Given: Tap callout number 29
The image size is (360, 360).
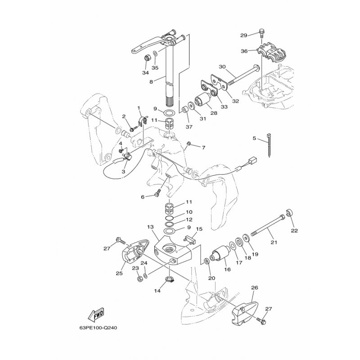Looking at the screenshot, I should pyautogui.click(x=243, y=35).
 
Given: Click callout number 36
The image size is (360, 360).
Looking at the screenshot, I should pyautogui.click(x=244, y=51).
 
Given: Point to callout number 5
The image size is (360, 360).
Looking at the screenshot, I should pyautogui.click(x=254, y=139).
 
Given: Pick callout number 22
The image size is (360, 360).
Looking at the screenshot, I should pyautogui.click(x=294, y=231).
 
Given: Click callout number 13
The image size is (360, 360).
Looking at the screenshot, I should pyautogui.click(x=150, y=227).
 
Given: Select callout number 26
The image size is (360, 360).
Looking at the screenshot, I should pyautogui.click(x=255, y=288).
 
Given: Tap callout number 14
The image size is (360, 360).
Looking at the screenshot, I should pyautogui.click(x=157, y=291).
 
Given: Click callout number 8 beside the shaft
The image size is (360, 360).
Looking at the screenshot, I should pyautogui.click(x=151, y=82).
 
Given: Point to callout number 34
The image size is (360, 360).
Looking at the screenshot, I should pyautogui.click(x=145, y=72).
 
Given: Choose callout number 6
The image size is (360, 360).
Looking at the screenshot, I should pyautogui.click(x=143, y=197).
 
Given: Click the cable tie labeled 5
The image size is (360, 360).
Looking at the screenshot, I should pyautogui.click(x=269, y=145).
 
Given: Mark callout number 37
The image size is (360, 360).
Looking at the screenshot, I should pyautogui.click(x=188, y=127).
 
